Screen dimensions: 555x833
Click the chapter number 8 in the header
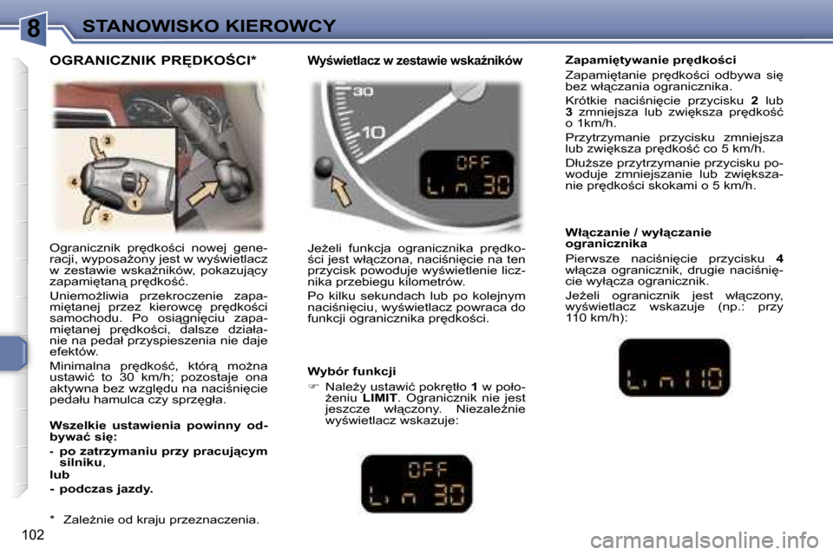click(x=33, y=28)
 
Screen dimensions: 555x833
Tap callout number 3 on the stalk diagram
click(x=108, y=140)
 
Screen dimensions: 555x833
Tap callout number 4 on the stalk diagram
click(x=75, y=182)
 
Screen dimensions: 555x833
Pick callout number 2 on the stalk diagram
click(x=106, y=216)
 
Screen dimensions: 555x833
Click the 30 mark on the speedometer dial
click(x=363, y=90)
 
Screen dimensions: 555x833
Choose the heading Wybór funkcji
click(x=351, y=371)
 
